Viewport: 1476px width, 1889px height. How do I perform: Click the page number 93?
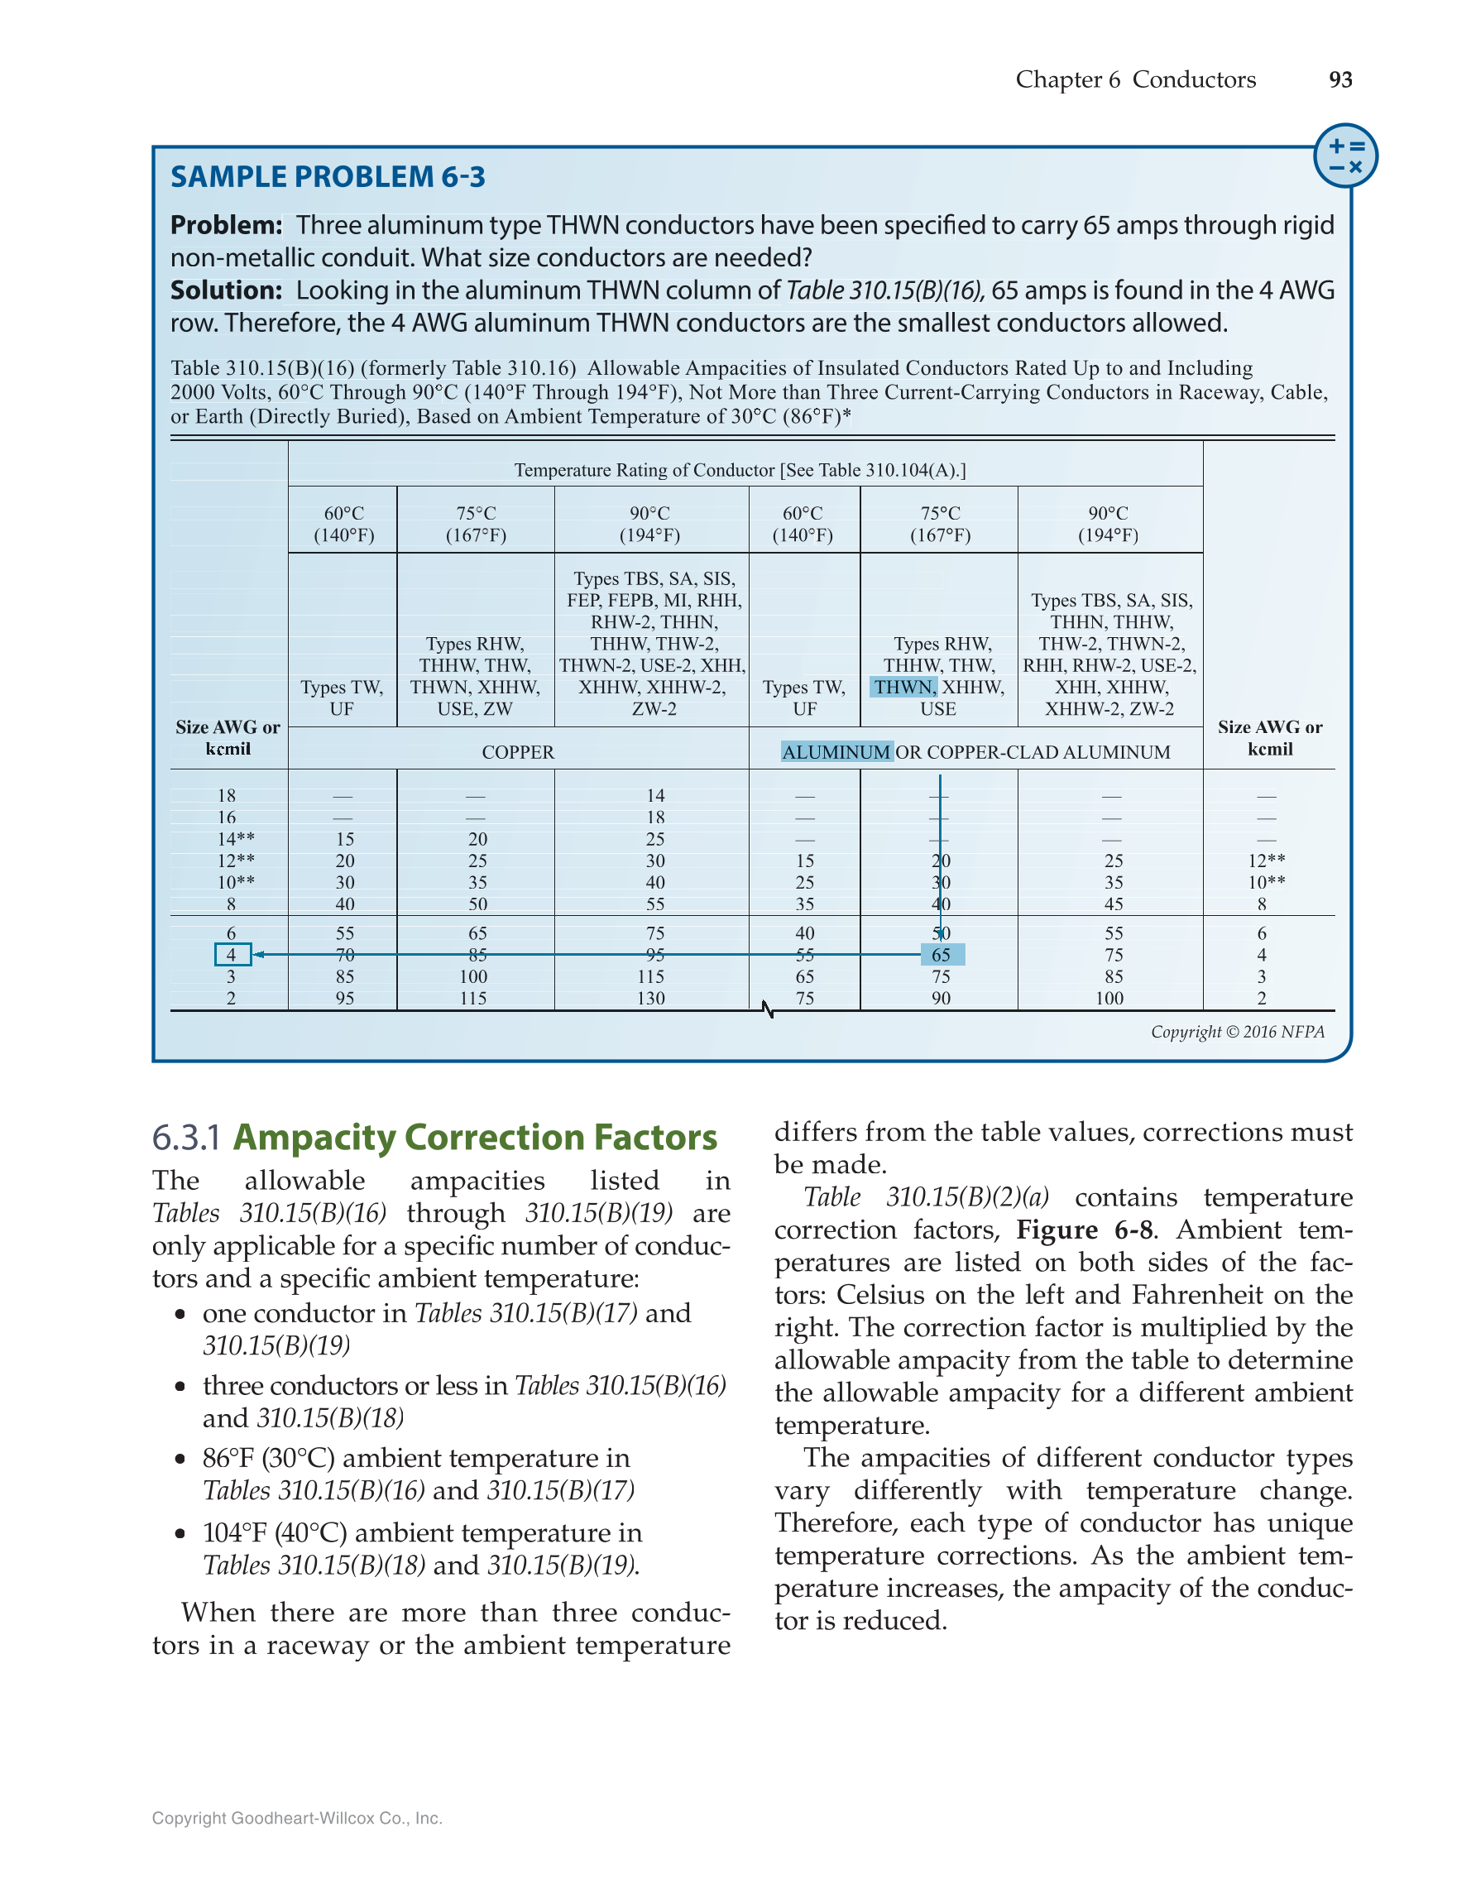click(1340, 79)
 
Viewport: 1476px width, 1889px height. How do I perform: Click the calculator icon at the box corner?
click(1345, 156)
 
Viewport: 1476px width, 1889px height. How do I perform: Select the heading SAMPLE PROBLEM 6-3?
click(328, 177)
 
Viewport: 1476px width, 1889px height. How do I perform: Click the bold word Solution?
click(226, 290)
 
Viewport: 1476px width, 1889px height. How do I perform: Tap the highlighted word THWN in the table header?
click(903, 688)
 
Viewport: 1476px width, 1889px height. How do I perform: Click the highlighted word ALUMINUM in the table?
click(836, 752)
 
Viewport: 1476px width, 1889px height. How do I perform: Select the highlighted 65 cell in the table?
click(941, 955)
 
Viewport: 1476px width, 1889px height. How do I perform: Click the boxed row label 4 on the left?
click(232, 955)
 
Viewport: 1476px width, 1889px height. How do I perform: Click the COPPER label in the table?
click(518, 752)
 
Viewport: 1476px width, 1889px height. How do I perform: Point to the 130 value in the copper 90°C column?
click(650, 998)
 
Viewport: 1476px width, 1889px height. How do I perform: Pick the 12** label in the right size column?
click(1266, 861)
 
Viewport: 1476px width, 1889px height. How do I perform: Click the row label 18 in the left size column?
click(227, 796)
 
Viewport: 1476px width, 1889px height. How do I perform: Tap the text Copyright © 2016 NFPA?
click(1237, 1032)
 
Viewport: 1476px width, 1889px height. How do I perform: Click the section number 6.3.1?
click(187, 1139)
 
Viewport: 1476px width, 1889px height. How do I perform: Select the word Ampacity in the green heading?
click(314, 1139)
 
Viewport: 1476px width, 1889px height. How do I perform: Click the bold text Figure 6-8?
click(1084, 1230)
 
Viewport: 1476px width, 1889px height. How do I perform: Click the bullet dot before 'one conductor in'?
click(180, 1315)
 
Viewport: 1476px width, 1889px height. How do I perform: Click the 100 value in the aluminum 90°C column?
click(1109, 998)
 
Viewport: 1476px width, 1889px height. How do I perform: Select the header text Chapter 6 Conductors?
click(1134, 79)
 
